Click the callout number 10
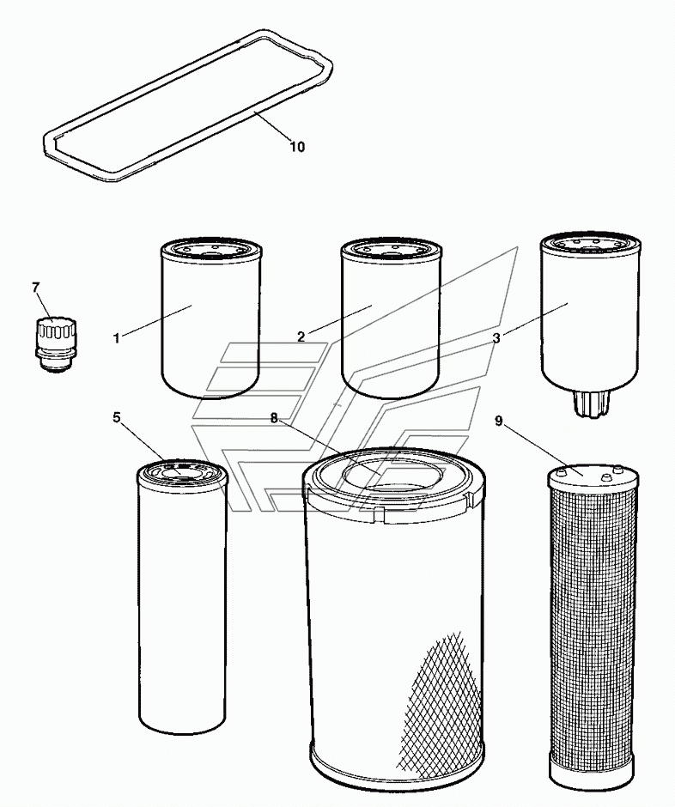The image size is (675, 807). [296, 147]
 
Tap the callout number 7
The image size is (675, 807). [35, 288]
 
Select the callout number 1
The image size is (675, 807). [116, 337]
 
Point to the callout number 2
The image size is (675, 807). [301, 337]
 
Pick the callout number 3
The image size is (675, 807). [496, 338]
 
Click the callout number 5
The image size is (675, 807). [117, 418]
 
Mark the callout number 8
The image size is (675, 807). [274, 418]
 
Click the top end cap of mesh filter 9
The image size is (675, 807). [593, 474]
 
